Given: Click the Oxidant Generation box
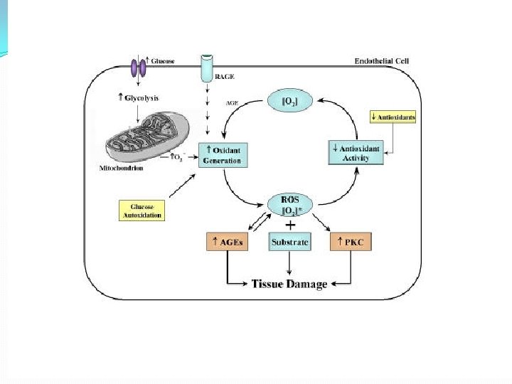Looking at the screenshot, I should point(223,154).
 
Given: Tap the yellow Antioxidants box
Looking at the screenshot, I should point(394,115).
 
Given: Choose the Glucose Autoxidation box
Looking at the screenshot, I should point(140,210).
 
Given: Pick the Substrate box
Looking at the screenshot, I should point(290,242).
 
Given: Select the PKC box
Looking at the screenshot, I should point(351,242).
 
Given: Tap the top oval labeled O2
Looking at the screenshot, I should point(290,102).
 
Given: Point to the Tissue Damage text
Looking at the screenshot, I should point(289,284).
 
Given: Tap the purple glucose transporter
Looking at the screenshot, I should point(137,67).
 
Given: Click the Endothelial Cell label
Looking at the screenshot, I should point(383,62).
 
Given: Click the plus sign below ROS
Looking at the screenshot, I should point(290,225).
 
